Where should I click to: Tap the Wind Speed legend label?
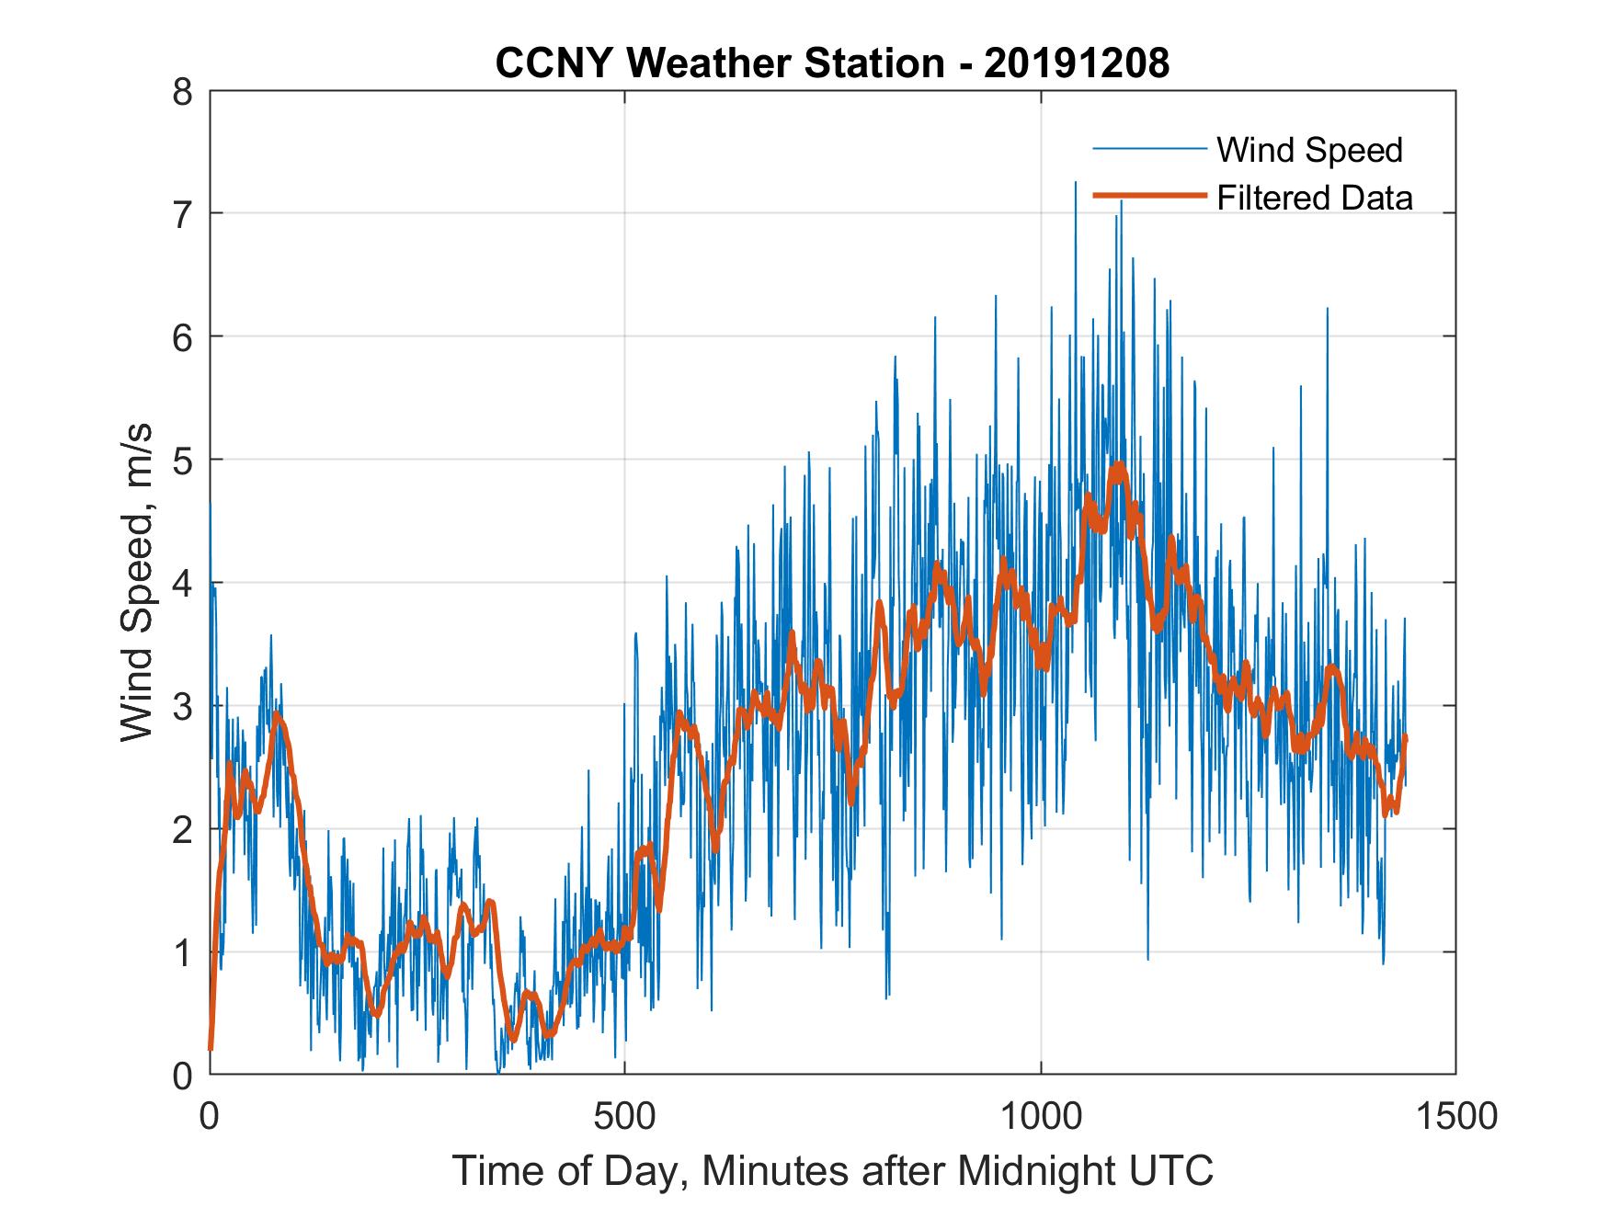[1309, 150]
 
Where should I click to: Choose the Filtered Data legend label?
[1315, 198]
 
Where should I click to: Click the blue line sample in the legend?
[1148, 149]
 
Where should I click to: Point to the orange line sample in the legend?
[1148, 196]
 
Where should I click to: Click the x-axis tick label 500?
[624, 1116]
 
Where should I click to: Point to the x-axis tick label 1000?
[1041, 1116]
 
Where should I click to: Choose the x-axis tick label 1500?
[1455, 1116]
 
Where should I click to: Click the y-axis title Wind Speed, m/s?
[136, 583]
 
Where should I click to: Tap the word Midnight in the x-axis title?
[1039, 1171]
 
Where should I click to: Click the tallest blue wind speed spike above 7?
[1075, 184]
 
